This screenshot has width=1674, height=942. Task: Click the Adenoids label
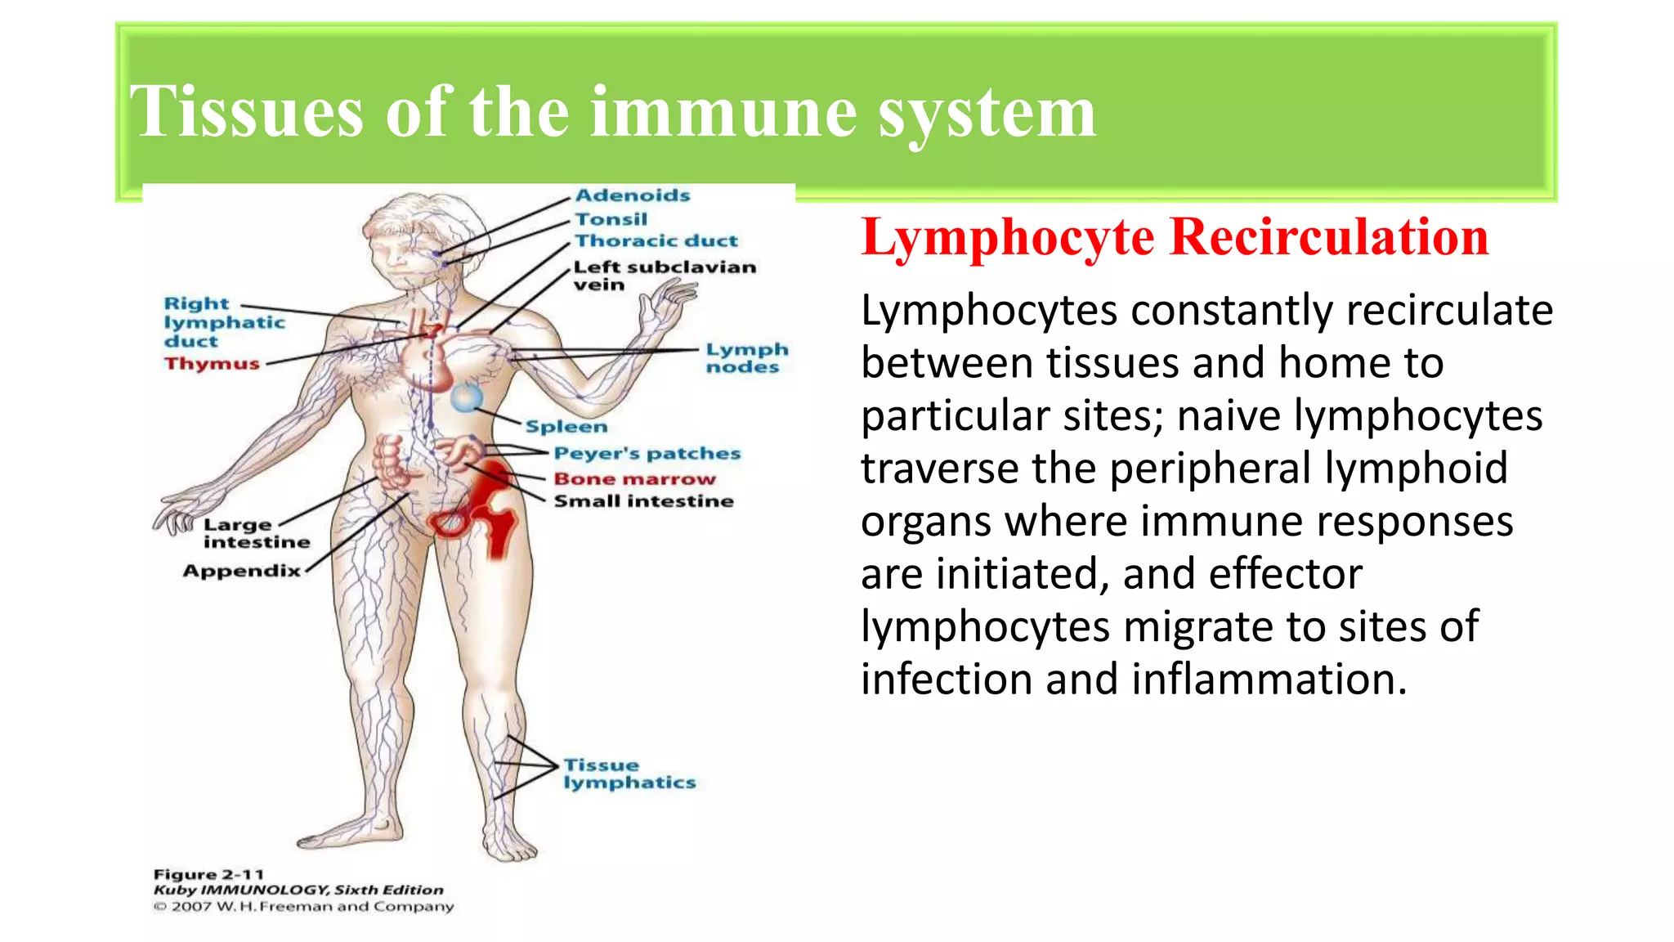633,195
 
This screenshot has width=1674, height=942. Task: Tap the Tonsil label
611,219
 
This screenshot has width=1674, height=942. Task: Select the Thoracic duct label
656,241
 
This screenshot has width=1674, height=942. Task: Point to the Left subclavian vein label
664,276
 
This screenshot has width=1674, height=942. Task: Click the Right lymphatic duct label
224,322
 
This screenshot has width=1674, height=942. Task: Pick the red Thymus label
212,364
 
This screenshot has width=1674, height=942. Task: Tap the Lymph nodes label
747,358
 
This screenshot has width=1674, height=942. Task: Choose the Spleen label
566,427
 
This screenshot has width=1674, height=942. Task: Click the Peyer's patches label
647,454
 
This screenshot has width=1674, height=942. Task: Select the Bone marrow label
634,479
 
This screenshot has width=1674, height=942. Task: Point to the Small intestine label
643,501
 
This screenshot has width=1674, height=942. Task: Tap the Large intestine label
256,533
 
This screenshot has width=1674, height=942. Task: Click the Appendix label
242,571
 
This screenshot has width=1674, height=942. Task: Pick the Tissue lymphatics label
629,774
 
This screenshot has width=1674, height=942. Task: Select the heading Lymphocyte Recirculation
1175,238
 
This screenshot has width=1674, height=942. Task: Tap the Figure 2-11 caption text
209,874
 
